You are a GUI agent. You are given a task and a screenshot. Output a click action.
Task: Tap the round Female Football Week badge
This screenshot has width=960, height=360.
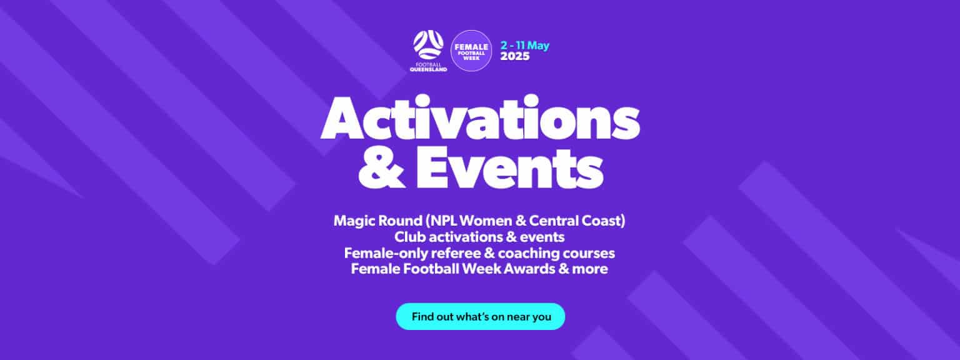[x=471, y=51]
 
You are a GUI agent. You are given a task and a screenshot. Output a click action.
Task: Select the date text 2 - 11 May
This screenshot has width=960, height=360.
[x=525, y=46]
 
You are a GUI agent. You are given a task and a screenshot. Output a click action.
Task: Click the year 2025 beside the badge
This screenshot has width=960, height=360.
[x=515, y=56]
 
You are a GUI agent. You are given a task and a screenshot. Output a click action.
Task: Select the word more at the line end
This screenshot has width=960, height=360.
[x=591, y=270]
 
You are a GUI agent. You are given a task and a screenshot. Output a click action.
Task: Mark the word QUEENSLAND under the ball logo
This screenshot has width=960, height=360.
[x=428, y=69]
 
